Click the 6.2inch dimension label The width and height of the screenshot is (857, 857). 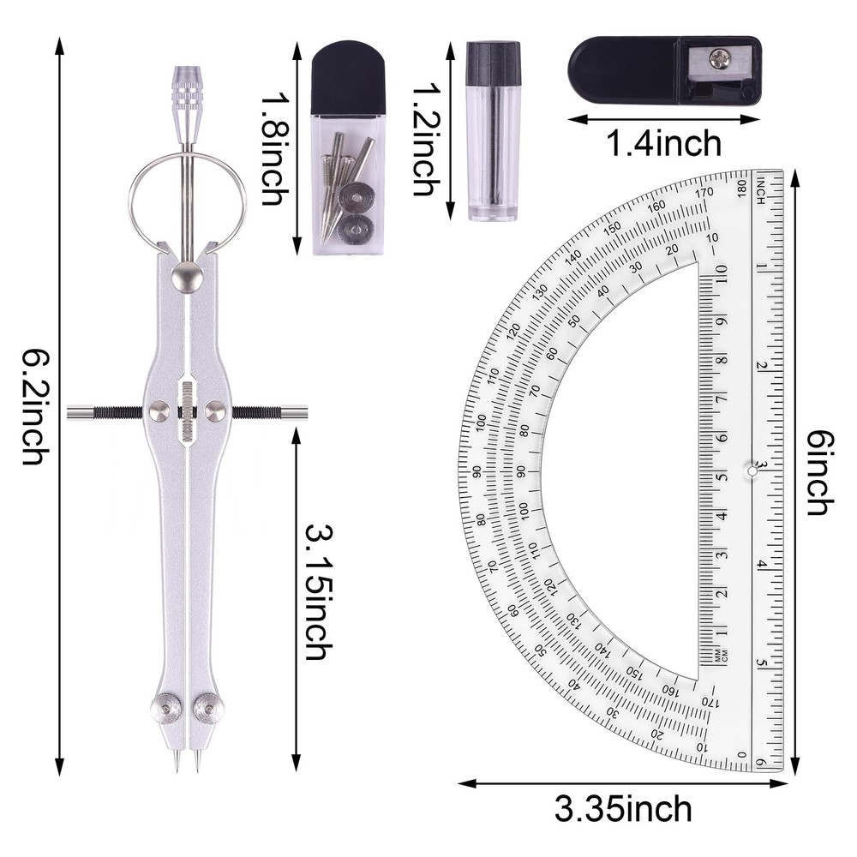pyautogui.click(x=33, y=406)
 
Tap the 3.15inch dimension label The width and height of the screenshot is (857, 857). pyautogui.click(x=316, y=592)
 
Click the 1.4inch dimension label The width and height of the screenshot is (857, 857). pyautogui.click(x=664, y=142)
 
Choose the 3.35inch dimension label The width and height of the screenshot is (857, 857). pyautogui.click(x=623, y=807)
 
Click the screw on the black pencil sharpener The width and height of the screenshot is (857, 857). pyautogui.click(x=717, y=59)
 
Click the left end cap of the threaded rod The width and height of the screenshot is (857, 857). pyautogui.click(x=79, y=413)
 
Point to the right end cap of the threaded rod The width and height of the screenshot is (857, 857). pyautogui.click(x=297, y=413)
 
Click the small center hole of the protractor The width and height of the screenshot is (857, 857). pyautogui.click(x=752, y=470)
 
